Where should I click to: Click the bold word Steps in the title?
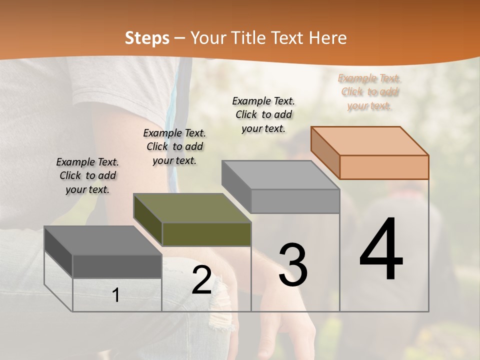(x=147, y=38)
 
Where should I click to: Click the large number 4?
(x=381, y=250)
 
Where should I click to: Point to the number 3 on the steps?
(x=293, y=265)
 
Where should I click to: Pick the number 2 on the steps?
(x=202, y=280)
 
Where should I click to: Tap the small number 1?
(x=116, y=295)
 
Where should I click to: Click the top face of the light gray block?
(x=280, y=175)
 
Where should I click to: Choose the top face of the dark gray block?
(x=103, y=240)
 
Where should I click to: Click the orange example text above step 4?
(x=369, y=92)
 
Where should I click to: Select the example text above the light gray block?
(x=263, y=114)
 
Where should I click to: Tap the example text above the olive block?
(x=174, y=146)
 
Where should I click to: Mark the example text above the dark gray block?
(x=87, y=175)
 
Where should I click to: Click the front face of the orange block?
(x=384, y=167)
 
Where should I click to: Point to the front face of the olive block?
(x=206, y=234)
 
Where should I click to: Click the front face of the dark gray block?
(x=117, y=266)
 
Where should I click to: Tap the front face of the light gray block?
(x=295, y=201)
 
